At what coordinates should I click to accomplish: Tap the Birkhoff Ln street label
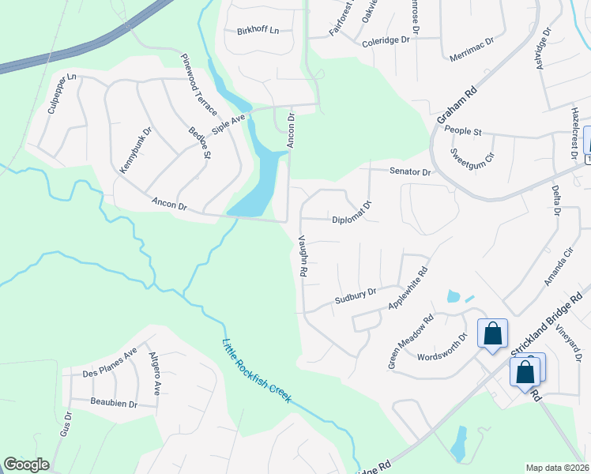[258, 32]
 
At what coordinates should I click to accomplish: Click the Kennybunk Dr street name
[134, 150]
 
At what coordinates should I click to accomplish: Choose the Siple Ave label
[229, 124]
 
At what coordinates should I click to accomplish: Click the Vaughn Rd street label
[302, 255]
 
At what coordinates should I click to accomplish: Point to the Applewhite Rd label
[408, 288]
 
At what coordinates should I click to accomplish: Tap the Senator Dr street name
[410, 171]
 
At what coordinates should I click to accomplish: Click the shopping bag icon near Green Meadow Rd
[492, 333]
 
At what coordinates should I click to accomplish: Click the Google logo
[26, 465]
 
